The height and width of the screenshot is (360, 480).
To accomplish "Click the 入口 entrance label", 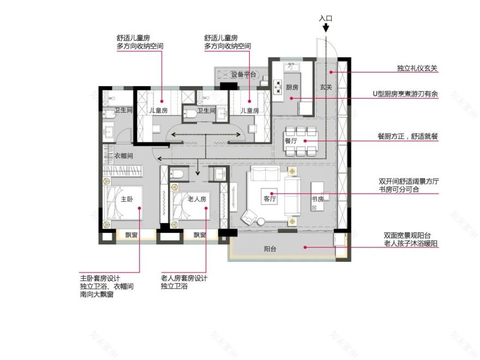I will pyautogui.click(x=326, y=18).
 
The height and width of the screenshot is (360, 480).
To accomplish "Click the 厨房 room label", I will pyautogui.click(x=292, y=87).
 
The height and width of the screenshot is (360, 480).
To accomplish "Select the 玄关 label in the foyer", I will pyautogui.click(x=326, y=87).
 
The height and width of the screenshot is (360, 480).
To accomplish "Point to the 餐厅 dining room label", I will pyautogui.click(x=290, y=140).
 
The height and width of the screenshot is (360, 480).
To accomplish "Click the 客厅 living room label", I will pyautogui.click(x=269, y=199).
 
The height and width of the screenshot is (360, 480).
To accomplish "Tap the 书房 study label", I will pyautogui.click(x=317, y=199).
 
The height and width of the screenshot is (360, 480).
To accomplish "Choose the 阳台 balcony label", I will pyautogui.click(x=270, y=249).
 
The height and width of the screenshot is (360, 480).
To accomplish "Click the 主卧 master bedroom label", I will pyautogui.click(x=127, y=200).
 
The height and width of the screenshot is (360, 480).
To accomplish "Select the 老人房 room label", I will pyautogui.click(x=197, y=200).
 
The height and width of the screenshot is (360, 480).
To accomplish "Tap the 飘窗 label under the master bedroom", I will pyautogui.click(x=131, y=235).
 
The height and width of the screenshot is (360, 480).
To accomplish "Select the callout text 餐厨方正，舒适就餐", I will pyautogui.click(x=409, y=137).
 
